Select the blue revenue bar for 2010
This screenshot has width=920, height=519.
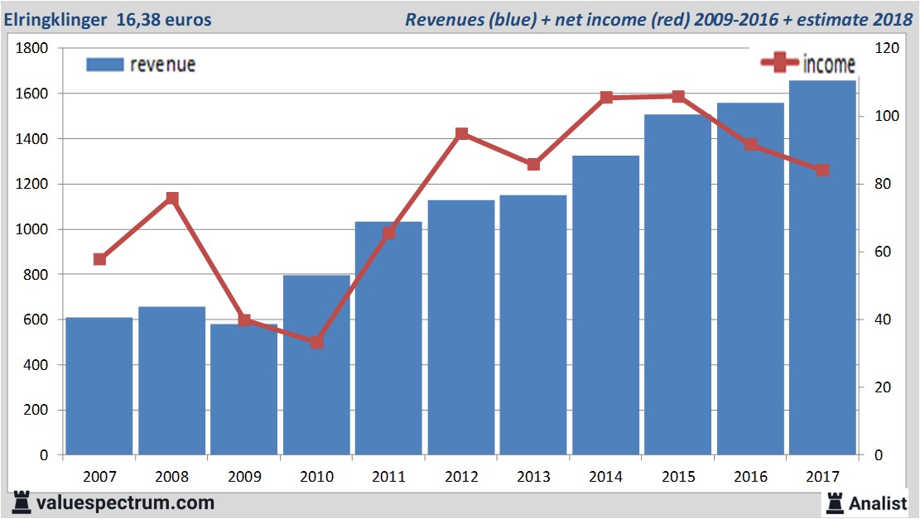pyautogui.click(x=316, y=365)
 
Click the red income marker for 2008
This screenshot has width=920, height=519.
pyautogui.click(x=172, y=199)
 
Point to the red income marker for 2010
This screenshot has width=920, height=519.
pyautogui.click(x=316, y=342)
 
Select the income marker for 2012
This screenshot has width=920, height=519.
pyautogui.click(x=461, y=134)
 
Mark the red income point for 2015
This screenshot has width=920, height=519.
pyautogui.click(x=678, y=97)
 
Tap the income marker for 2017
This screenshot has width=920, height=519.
pyautogui.click(x=822, y=171)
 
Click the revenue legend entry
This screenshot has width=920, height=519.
pyautogui.click(x=141, y=65)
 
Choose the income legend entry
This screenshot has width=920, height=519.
pyautogui.click(x=808, y=63)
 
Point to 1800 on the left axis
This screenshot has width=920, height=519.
pyautogui.click(x=33, y=49)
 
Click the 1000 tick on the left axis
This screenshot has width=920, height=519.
pyautogui.click(x=33, y=229)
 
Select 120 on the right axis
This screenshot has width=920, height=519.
pyautogui.click(x=887, y=49)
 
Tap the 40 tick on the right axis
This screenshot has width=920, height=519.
pyautogui.click(x=884, y=320)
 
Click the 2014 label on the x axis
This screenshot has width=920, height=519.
pyautogui.click(x=605, y=477)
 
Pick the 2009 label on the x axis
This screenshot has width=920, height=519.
pyautogui.click(x=244, y=477)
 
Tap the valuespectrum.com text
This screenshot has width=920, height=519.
pyautogui.click(x=124, y=502)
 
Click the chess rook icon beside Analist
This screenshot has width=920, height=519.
pyautogui.click(x=833, y=502)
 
